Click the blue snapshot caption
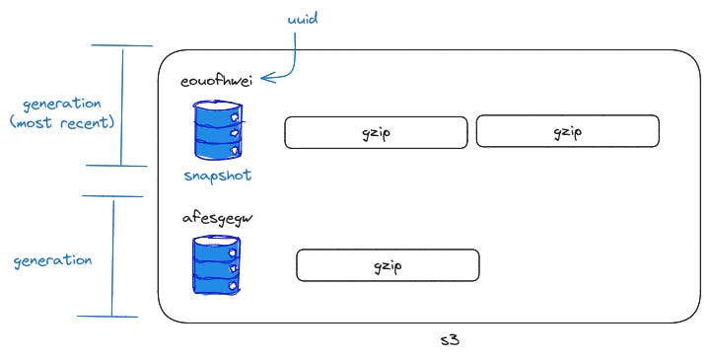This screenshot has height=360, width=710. click(x=216, y=176)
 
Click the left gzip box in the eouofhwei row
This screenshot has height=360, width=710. click(x=376, y=133)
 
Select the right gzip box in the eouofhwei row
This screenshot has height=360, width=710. click(x=567, y=131)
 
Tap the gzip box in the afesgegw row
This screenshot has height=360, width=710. click(x=388, y=265)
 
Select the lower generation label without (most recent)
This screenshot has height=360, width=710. click(x=52, y=261)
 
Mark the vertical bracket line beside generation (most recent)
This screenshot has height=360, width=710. click(x=122, y=106)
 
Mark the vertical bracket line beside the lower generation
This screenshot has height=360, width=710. click(x=112, y=256)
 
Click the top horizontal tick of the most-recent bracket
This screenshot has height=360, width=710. click(x=122, y=45)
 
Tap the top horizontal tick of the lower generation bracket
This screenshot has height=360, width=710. click(x=113, y=196)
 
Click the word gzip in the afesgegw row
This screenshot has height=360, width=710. click(x=388, y=265)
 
